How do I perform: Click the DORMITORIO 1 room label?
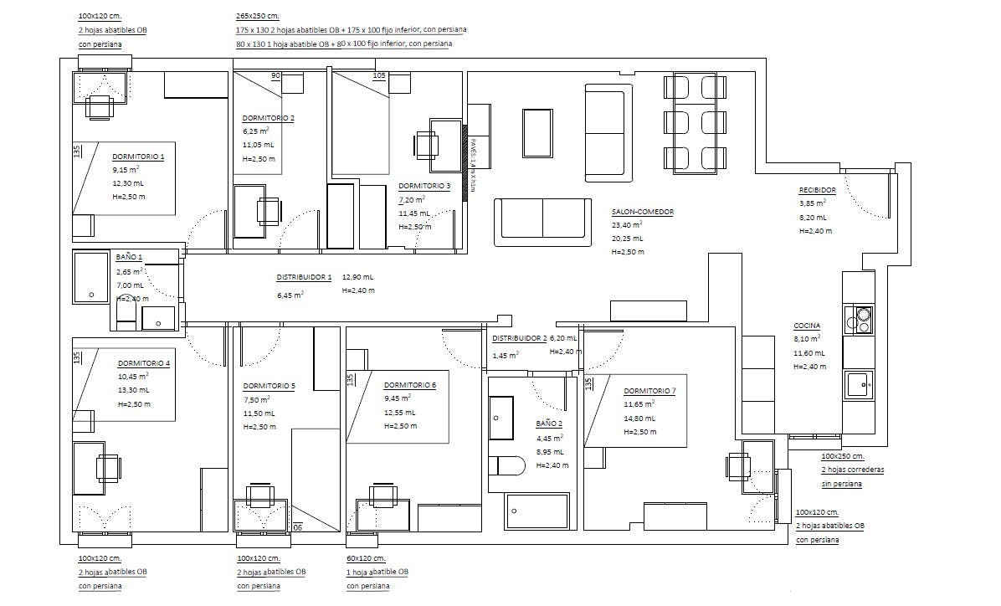click(138, 157)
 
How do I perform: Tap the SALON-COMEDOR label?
click(642, 212)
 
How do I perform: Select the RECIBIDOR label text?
click(817, 190)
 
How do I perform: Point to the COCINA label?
click(807, 326)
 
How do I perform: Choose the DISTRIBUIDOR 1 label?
click(304, 277)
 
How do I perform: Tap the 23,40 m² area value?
click(627, 225)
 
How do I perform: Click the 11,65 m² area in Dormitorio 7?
click(639, 403)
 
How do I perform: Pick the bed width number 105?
click(378, 76)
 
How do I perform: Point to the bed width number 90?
click(275, 76)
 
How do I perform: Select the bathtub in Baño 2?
click(536, 511)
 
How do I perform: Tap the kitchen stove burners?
click(860, 319)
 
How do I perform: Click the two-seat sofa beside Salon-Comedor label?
click(542, 219)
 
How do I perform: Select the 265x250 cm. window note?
click(258, 16)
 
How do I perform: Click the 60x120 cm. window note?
click(365, 558)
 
